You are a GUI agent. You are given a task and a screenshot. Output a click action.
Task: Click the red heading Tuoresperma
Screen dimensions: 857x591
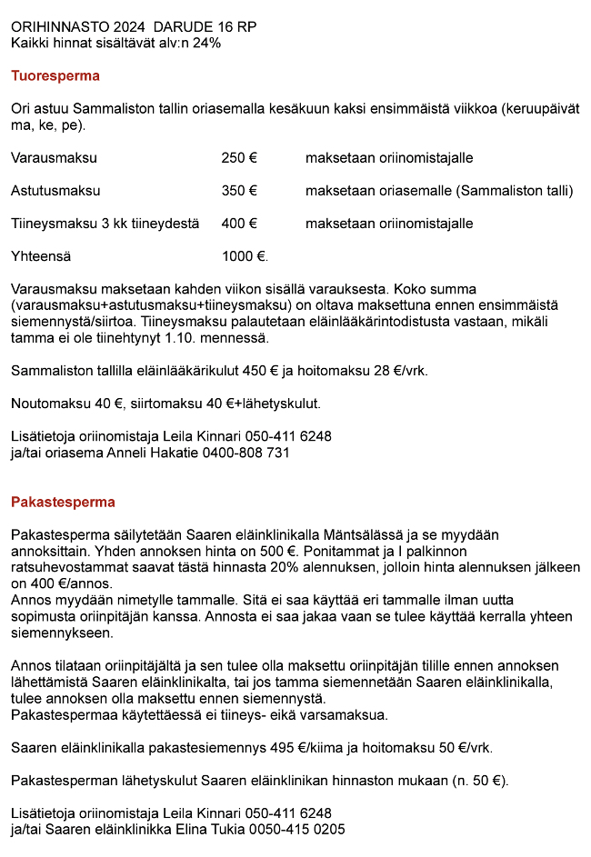(55, 76)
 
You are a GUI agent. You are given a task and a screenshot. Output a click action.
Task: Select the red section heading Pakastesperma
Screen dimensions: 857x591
(64, 502)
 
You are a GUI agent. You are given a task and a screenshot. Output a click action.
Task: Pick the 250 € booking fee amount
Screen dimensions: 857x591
(239, 158)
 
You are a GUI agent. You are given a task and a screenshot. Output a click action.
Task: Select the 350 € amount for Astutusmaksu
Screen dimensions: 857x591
(239, 191)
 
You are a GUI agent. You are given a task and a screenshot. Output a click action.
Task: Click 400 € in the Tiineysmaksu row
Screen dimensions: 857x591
(239, 224)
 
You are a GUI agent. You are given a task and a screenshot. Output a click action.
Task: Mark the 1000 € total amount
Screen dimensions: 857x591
(245, 256)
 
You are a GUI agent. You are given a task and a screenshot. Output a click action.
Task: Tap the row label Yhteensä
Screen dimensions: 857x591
(41, 256)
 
